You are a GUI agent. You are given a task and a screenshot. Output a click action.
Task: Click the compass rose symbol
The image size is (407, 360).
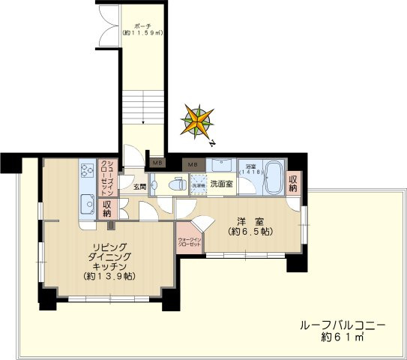click(x=197, y=121)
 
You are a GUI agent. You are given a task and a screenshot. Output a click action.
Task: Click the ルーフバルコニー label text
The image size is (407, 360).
click(x=342, y=326)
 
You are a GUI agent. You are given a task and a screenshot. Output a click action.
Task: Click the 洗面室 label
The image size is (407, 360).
click(x=221, y=183)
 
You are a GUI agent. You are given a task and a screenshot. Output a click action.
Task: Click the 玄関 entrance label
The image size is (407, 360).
click(x=139, y=187)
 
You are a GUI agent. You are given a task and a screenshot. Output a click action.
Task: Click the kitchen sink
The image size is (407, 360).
click(x=85, y=203)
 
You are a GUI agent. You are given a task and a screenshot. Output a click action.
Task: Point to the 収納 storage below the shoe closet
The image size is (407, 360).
click(x=107, y=208)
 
